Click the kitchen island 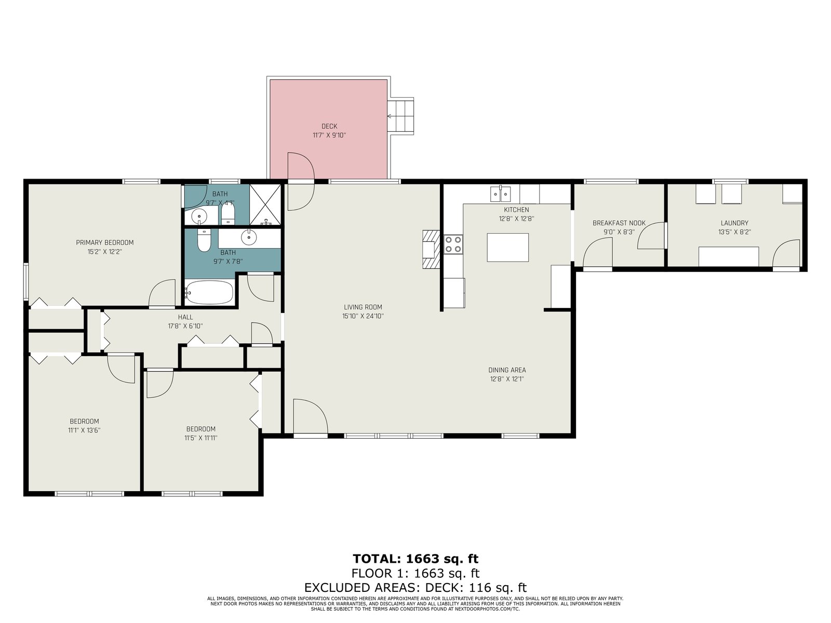click(507, 248)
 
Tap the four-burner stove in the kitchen click(453, 244)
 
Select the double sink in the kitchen click(501, 194)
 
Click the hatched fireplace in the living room click(431, 249)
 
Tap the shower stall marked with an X click(265, 205)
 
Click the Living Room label click(363, 307)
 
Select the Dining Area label click(507, 370)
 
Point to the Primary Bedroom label click(105, 242)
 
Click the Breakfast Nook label click(619, 223)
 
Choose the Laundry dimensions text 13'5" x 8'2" click(734, 232)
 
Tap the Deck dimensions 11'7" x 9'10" click(329, 136)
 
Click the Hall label click(185, 317)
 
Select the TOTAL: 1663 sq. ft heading click(415, 559)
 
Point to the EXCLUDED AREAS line click(415, 588)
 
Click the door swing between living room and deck click(301, 182)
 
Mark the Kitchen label click(516, 210)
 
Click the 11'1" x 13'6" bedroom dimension click(85, 430)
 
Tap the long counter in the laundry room click(729, 256)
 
